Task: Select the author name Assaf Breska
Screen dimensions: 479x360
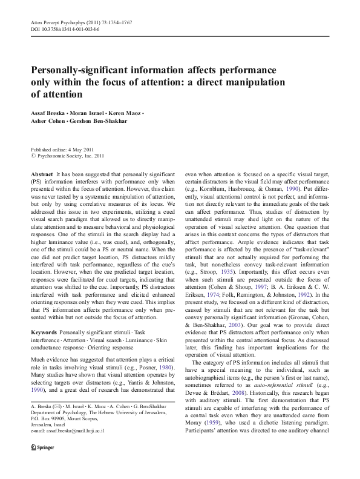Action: tap(49, 114)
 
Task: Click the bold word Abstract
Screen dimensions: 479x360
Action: tap(41, 173)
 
